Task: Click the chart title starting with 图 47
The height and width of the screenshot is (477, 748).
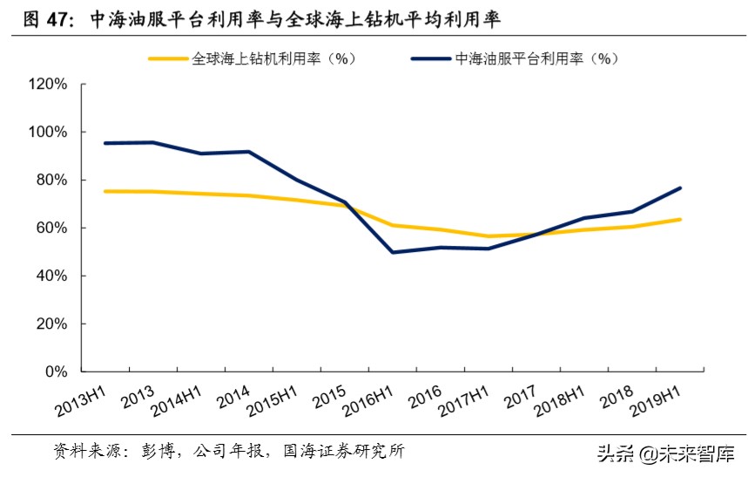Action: (x=261, y=19)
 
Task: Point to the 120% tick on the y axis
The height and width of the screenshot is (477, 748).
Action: (x=48, y=85)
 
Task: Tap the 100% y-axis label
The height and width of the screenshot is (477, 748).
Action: (x=48, y=133)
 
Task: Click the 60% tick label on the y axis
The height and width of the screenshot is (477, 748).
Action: (x=51, y=228)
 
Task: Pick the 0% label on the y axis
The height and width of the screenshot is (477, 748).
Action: (x=56, y=371)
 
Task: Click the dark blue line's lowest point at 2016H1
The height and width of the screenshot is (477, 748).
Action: (x=394, y=253)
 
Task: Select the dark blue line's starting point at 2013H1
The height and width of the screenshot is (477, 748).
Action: (x=105, y=143)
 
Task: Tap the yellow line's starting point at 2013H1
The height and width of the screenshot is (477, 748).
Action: (x=105, y=191)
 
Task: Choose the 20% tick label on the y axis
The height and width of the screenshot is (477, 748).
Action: (x=51, y=324)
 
